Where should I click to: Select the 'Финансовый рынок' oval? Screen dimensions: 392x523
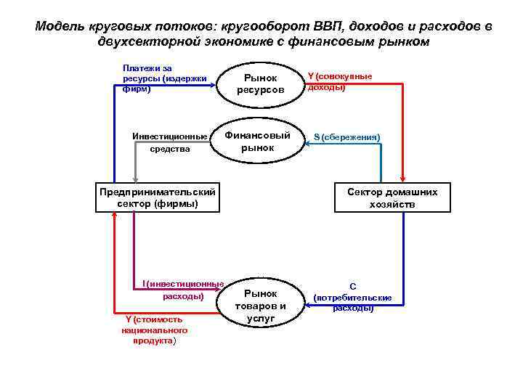click(258, 142)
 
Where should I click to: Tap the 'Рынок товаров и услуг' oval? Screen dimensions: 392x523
click(260, 305)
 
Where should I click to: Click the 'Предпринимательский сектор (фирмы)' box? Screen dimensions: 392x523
click(157, 198)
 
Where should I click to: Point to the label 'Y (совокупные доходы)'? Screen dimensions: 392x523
click(339, 81)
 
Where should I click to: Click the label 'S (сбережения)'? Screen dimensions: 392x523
click(346, 137)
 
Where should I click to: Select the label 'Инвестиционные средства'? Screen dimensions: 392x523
click(170, 142)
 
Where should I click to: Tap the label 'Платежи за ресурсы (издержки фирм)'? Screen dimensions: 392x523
click(164, 78)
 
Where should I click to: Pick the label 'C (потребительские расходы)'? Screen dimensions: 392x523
click(352, 297)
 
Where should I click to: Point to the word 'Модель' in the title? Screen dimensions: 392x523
click(60, 27)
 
